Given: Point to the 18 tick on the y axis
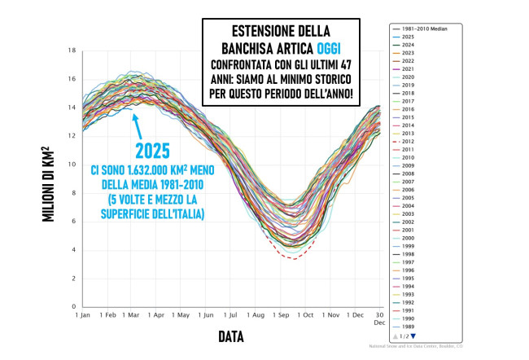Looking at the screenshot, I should point(72,50).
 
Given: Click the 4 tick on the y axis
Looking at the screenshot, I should point(73,250).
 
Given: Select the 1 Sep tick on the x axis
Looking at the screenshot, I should point(282,315).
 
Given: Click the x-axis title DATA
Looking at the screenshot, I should point(230,336).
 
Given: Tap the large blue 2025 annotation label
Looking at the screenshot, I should point(152,151).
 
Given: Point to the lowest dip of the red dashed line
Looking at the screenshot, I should point(294,259).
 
